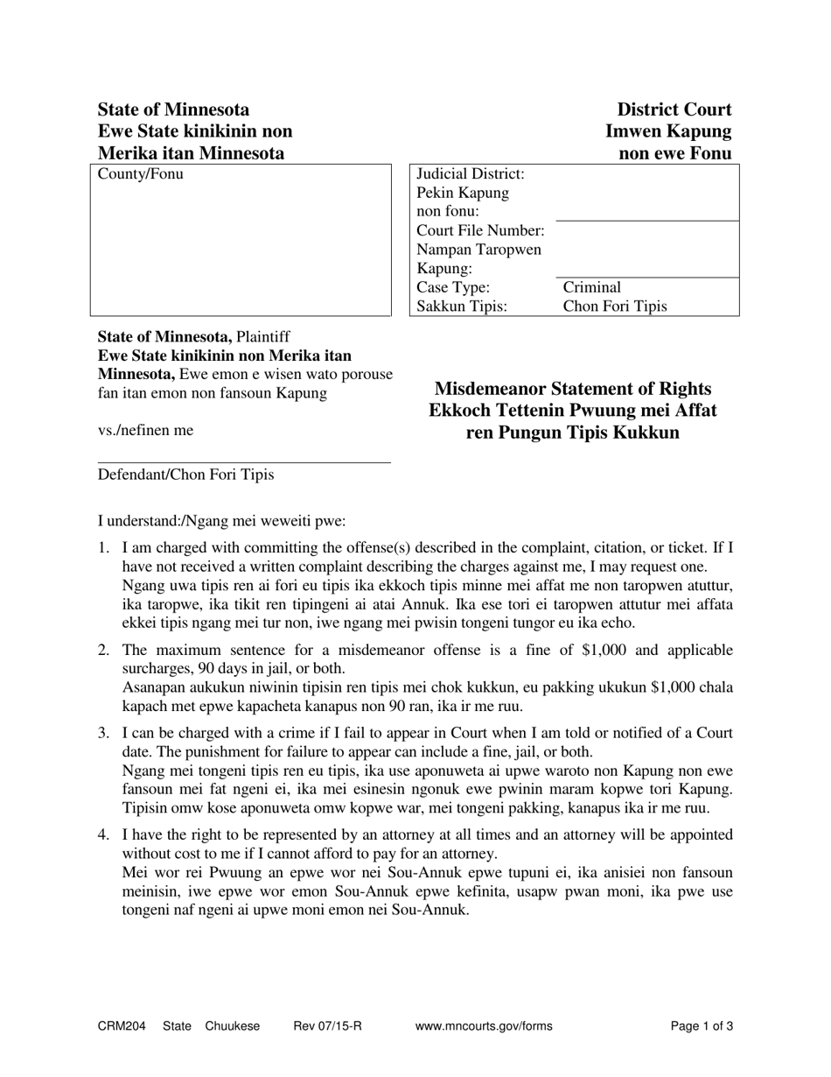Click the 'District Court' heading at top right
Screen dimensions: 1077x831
tap(674, 109)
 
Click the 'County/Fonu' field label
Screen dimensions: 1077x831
tap(141, 174)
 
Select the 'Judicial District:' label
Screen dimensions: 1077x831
tap(471, 174)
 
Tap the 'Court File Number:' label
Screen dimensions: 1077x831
tap(480, 230)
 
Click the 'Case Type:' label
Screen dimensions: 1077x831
tap(453, 287)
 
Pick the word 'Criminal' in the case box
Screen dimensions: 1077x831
tap(592, 287)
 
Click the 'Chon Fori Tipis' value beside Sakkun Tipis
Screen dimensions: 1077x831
tap(615, 306)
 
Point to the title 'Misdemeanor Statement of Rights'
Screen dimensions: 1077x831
tap(573, 388)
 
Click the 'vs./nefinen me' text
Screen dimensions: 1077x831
tap(145, 430)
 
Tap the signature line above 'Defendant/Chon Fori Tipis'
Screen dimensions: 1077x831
tap(244, 462)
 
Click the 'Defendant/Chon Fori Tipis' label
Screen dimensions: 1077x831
tap(185, 475)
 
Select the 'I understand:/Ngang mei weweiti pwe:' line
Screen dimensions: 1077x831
tap(221, 521)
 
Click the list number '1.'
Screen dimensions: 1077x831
tap(103, 548)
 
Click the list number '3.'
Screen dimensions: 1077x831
tap(103, 733)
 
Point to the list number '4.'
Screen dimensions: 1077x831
tap(103, 834)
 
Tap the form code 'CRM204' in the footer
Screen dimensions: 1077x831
tap(122, 1026)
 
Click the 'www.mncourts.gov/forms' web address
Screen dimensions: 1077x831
tap(484, 1026)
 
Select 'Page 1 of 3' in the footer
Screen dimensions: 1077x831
tap(702, 1026)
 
